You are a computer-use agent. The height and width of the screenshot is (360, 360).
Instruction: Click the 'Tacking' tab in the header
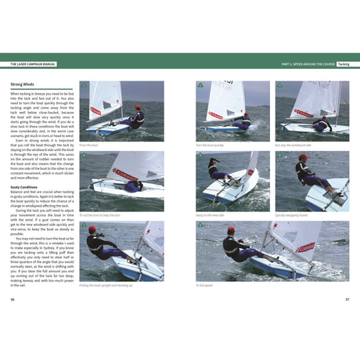[x=343, y=63]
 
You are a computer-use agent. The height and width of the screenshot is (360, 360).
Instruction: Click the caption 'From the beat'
[x=88, y=145]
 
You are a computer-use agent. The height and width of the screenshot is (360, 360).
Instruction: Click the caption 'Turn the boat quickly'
[x=210, y=145]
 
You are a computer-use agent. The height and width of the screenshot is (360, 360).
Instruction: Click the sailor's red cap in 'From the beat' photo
[x=138, y=107]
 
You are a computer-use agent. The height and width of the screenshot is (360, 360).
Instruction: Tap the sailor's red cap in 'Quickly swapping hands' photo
[x=303, y=157]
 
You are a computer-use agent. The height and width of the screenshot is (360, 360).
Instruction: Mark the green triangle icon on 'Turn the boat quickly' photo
[x=200, y=85]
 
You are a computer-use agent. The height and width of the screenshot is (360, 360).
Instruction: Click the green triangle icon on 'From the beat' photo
[x=83, y=85]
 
